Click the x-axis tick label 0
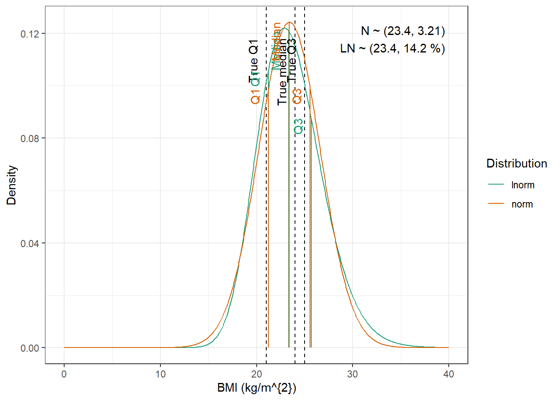point(64,374)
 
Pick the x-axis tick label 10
point(160,374)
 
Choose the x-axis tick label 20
point(257,374)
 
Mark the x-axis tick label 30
point(352,374)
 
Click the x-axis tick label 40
point(449,374)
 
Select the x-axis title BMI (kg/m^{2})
point(257,388)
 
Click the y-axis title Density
point(12,185)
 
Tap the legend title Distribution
point(517,163)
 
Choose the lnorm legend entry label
point(522,185)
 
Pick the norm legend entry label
point(522,204)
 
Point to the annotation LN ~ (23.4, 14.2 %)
point(392,49)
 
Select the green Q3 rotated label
point(299,126)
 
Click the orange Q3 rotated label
point(297,96)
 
